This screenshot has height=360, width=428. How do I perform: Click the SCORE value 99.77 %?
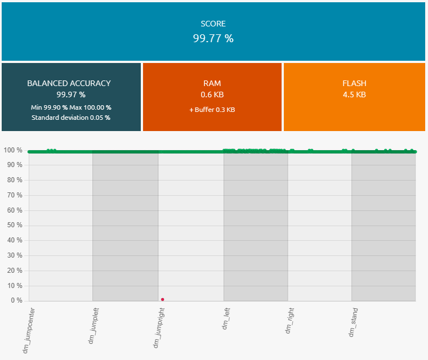[213, 38]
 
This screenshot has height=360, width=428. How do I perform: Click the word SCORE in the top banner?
[213, 24]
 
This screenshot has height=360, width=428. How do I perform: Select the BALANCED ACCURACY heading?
[69, 83]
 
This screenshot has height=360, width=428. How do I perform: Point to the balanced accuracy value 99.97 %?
[71, 94]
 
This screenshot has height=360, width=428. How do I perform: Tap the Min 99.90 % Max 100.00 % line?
[71, 107]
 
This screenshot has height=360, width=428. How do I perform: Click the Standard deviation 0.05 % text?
[71, 118]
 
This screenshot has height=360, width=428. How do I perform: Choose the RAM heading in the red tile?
[212, 83]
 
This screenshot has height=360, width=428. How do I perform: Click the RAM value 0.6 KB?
[212, 94]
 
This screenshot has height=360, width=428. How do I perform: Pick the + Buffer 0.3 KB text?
[212, 110]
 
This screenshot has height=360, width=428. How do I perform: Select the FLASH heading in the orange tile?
[354, 83]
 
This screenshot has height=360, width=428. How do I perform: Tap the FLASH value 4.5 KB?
[354, 94]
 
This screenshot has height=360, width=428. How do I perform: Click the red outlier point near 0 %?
[162, 299]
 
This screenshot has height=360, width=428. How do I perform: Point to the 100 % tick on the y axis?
[12, 150]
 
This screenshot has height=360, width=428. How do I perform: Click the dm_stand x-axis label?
[354, 321]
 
